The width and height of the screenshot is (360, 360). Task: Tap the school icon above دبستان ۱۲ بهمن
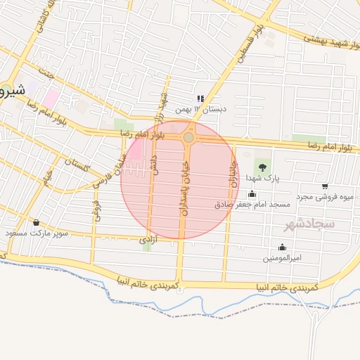pyautogui.click(x=200, y=98)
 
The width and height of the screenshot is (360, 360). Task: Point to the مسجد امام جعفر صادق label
pyautogui.click(x=252, y=204)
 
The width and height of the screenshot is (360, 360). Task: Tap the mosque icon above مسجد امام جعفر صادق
pyautogui.click(x=252, y=193)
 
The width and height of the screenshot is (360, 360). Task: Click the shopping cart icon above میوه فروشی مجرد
pyautogui.click(x=324, y=186)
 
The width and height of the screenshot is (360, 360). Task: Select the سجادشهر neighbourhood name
pyautogui.click(x=309, y=224)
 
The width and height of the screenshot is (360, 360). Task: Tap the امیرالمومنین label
pyautogui.click(x=282, y=257)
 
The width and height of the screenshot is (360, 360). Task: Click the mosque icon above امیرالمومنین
pyautogui.click(x=282, y=247)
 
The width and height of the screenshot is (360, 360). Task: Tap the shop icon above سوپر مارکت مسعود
pyautogui.click(x=36, y=222)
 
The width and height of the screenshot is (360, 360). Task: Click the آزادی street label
pyautogui.click(x=147, y=240)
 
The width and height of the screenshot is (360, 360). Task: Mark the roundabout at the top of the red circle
pyautogui.click(x=188, y=138)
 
